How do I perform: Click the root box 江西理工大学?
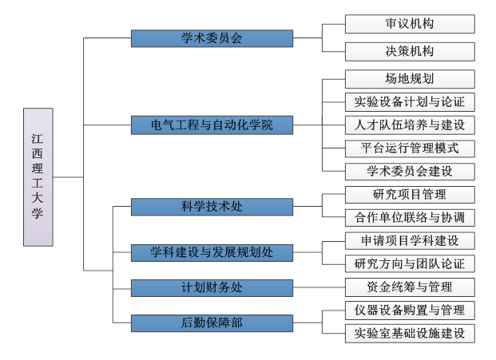(38, 176)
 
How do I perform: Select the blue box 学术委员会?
(212, 38)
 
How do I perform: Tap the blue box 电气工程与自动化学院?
(212, 125)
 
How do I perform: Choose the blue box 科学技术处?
(212, 207)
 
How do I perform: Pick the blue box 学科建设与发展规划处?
(212, 252)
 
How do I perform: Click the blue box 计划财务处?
(212, 287)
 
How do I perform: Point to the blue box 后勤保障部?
(212, 322)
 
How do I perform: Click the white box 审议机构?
(410, 24)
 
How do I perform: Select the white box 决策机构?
(410, 52)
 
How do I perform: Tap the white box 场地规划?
(410, 79)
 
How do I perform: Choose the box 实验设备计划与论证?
(410, 102)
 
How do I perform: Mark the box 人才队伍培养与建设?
(410, 125)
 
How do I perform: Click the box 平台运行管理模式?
(410, 148)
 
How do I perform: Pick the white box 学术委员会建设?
(410, 172)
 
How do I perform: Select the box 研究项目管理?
(410, 195)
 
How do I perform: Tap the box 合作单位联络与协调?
(410, 218)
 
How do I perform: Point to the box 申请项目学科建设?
(410, 241)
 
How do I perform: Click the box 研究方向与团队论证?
(410, 264)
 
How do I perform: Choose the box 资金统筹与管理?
(410, 287)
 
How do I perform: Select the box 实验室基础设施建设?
(410, 334)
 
